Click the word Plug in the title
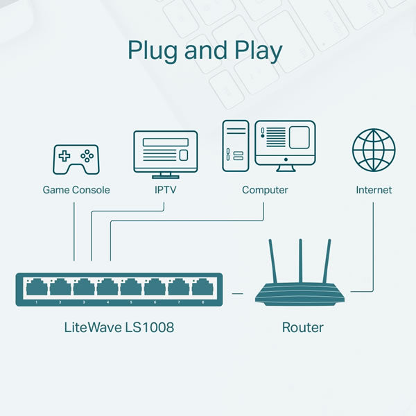[153, 51]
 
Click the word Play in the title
[258, 51]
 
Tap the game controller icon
[76, 159]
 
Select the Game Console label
[76, 190]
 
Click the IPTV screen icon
[166, 155]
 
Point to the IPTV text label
[165, 190]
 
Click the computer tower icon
[236, 146]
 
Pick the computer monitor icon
[285, 146]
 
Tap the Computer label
[265, 190]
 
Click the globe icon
[374, 150]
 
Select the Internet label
[374, 190]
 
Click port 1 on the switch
[37, 287]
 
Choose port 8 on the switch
[202, 287]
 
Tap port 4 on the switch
[107, 287]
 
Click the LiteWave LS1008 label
[119, 327]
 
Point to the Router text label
[302, 327]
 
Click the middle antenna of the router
[301, 261]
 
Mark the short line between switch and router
[237, 294]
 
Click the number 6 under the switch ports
[155, 302]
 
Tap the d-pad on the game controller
[64, 156]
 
